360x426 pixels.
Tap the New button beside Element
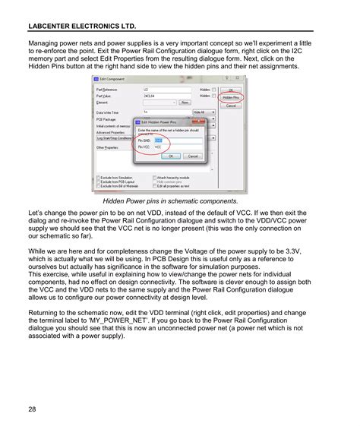(x=184, y=102)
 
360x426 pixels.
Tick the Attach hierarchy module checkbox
(x=155, y=176)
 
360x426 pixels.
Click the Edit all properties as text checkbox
(x=155, y=185)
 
